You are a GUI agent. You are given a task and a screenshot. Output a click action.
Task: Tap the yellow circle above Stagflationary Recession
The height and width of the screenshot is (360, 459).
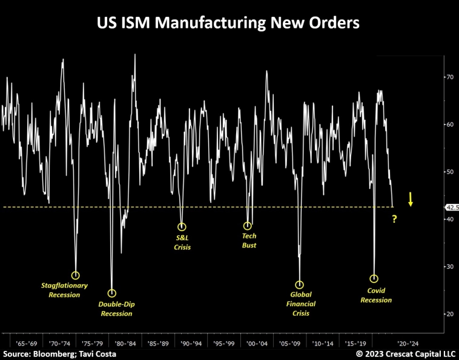pyautogui.click(x=76, y=275)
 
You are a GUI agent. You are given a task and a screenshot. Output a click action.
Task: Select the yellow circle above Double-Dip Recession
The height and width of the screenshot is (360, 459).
pyautogui.click(x=112, y=293)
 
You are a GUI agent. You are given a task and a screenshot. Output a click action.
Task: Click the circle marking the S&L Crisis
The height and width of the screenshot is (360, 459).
pyautogui.click(x=182, y=227)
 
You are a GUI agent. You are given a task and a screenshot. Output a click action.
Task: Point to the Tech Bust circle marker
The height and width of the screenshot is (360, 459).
pyautogui.click(x=248, y=226)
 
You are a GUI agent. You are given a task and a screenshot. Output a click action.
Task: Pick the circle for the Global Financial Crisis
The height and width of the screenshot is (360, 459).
pyautogui.click(x=299, y=285)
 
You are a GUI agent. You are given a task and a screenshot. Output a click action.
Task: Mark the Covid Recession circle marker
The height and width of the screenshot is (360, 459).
pyautogui.click(x=374, y=279)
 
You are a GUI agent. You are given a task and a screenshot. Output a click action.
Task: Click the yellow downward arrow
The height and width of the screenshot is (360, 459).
pyautogui.click(x=411, y=199)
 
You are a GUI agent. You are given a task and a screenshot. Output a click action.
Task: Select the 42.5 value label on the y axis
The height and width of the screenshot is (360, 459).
pyautogui.click(x=452, y=207)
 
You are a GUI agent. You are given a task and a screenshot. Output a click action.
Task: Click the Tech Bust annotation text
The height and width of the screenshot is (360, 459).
pyautogui.click(x=248, y=241)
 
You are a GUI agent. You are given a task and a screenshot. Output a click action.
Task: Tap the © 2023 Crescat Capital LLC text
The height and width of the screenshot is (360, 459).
pyautogui.click(x=406, y=353)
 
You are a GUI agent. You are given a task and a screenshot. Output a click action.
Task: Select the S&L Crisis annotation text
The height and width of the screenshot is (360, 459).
pyautogui.click(x=182, y=242)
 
